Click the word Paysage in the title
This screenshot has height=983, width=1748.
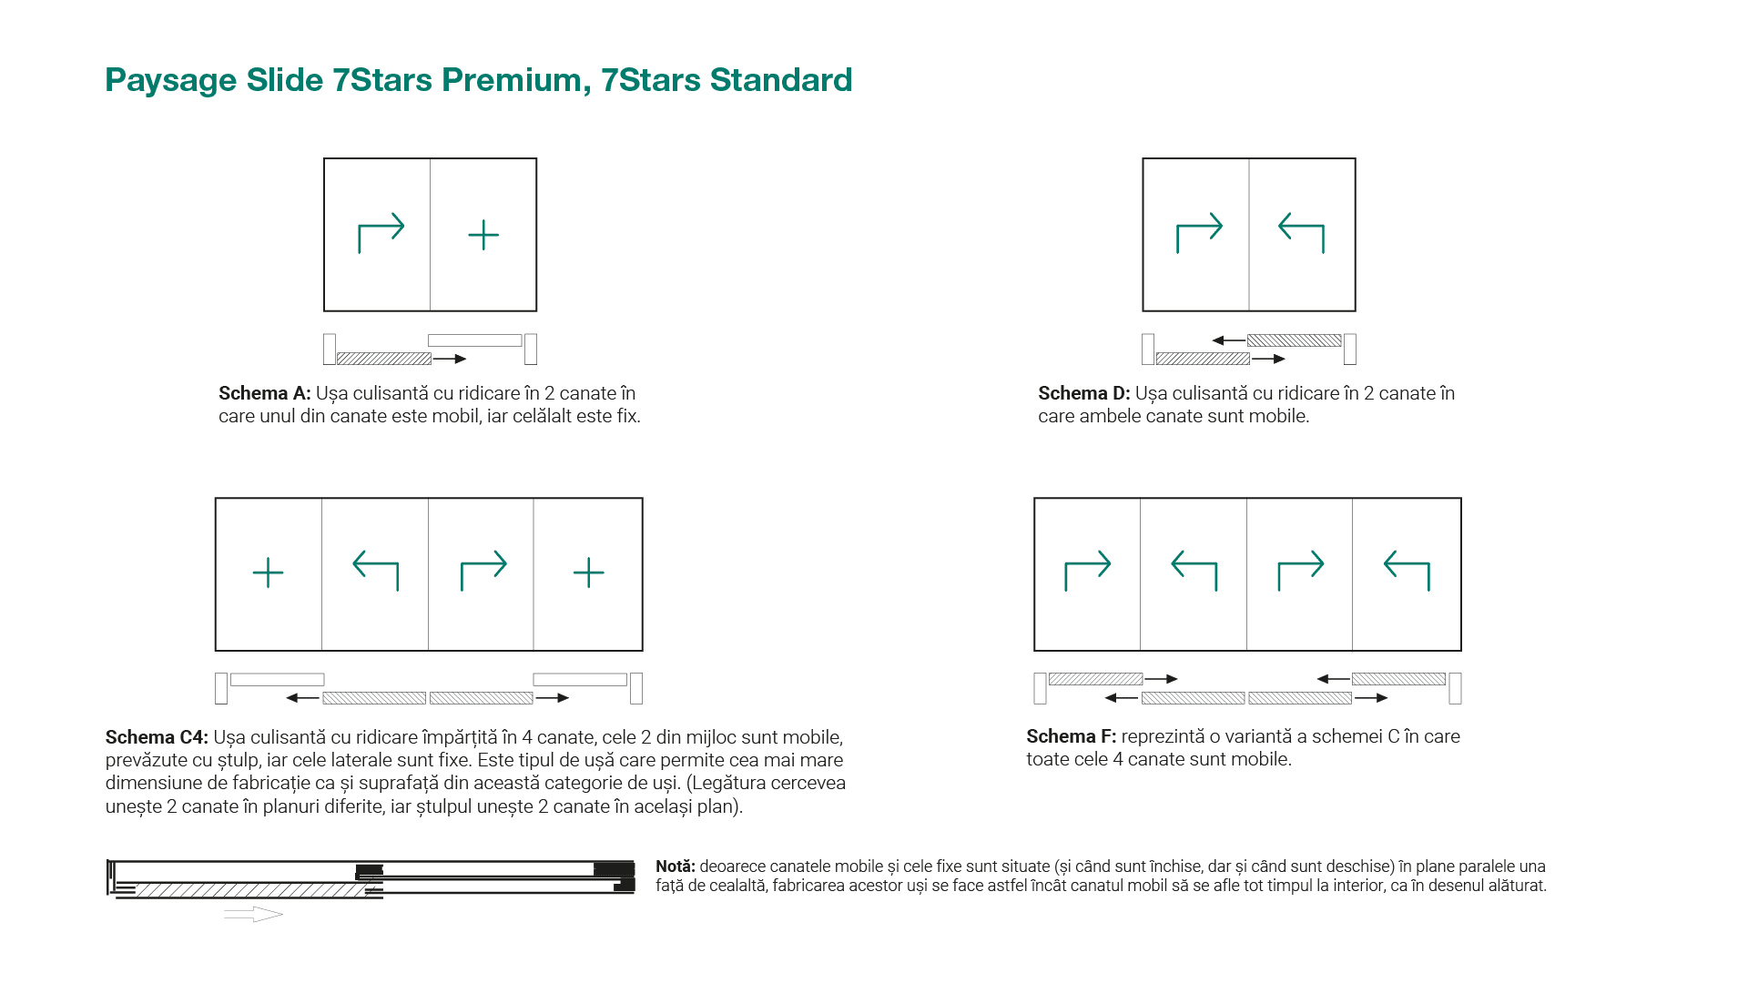[x=171, y=81]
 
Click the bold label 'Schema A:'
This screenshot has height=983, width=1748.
[x=265, y=393]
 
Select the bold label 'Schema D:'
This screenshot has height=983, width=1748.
[x=1084, y=393]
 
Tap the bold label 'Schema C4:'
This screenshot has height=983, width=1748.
[x=157, y=737]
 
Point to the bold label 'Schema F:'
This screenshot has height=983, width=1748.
[x=1072, y=736]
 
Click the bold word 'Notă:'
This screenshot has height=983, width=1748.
[x=676, y=866]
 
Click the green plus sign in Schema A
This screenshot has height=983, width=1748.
[x=483, y=235]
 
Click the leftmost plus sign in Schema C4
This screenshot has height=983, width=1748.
[x=268, y=573]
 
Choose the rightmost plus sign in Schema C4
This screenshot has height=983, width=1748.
[x=589, y=573]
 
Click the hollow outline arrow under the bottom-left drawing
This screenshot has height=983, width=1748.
[x=253, y=914]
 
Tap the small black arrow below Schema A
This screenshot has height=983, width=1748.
[x=450, y=359]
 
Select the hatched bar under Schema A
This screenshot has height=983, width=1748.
[x=384, y=359]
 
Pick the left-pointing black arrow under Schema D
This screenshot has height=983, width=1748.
[x=1228, y=340]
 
